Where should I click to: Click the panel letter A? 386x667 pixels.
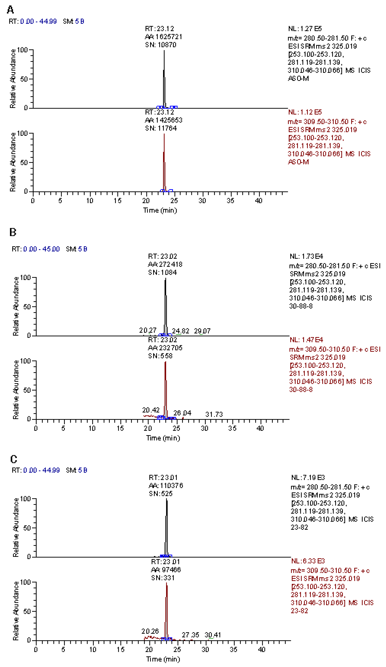tap(10, 10)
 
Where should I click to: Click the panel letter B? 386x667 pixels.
tap(13, 232)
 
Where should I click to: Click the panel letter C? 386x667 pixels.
tap(13, 459)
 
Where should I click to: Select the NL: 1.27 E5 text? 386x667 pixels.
tap(305, 29)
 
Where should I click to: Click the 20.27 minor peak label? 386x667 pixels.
tap(148, 330)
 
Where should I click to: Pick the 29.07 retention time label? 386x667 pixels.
tap(202, 331)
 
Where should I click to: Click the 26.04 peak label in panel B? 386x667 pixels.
tap(182, 413)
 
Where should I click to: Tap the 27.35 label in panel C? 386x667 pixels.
tap(190, 635)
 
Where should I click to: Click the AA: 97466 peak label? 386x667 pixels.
tap(166, 570)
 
